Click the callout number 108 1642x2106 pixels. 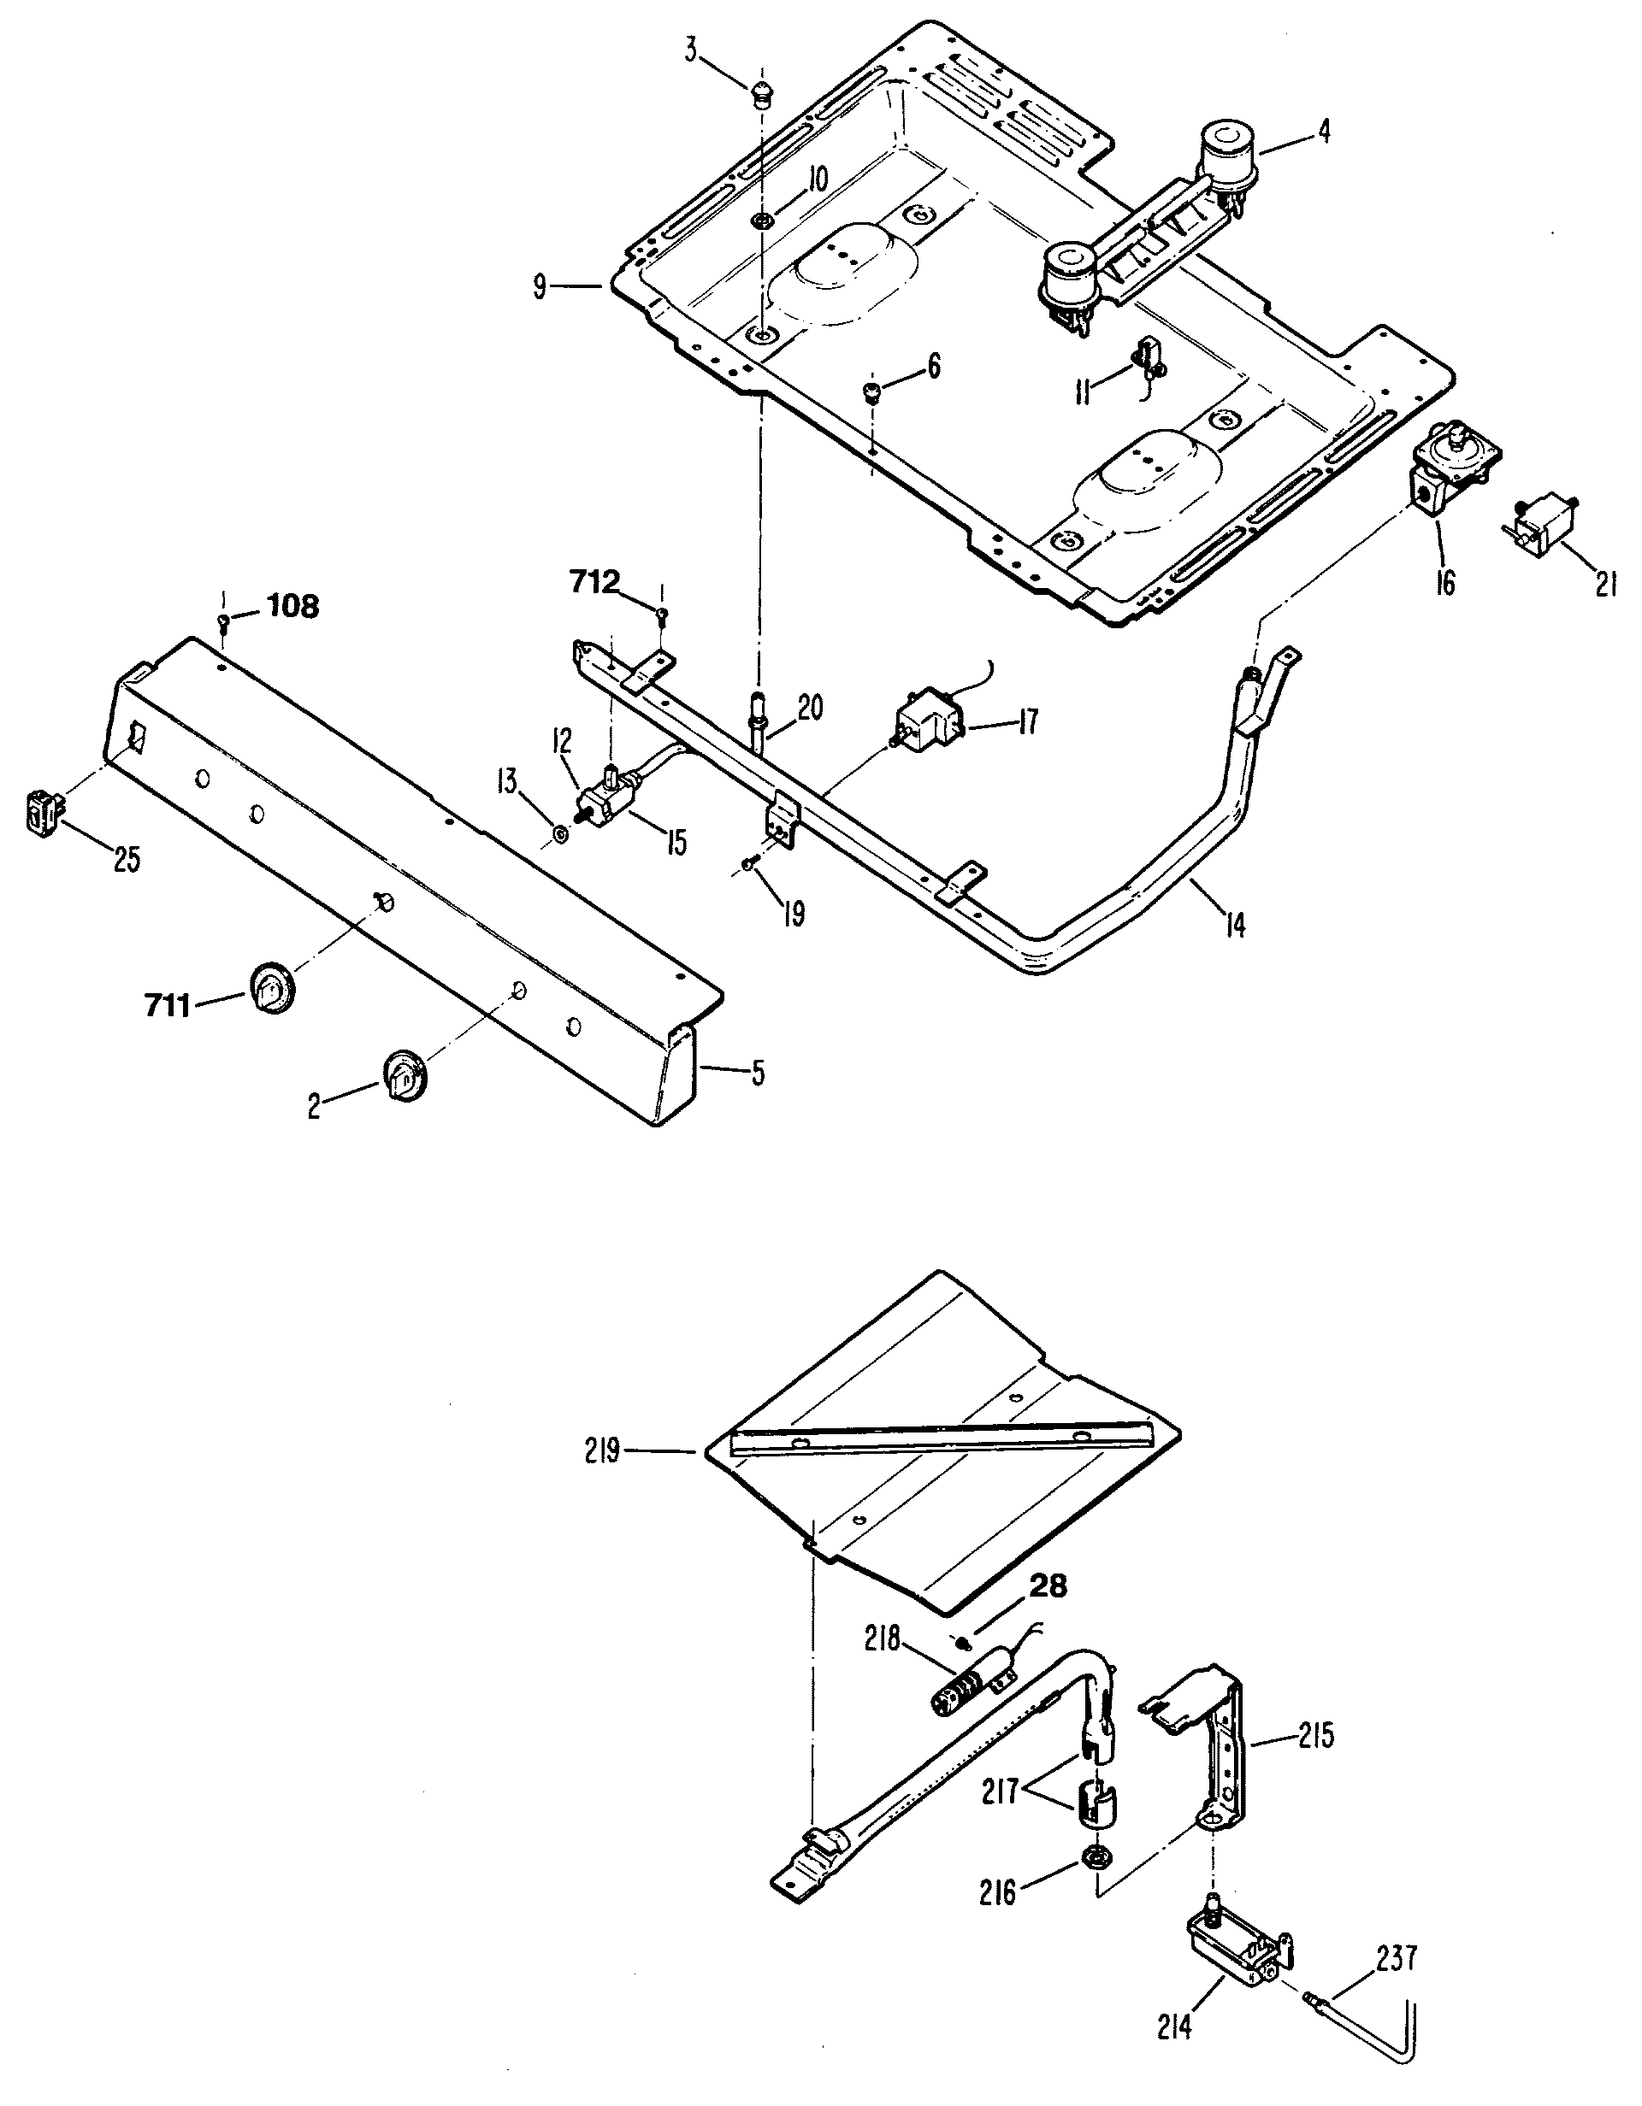click(292, 608)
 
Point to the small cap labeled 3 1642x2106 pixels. click(762, 95)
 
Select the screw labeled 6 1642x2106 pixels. click(872, 391)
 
